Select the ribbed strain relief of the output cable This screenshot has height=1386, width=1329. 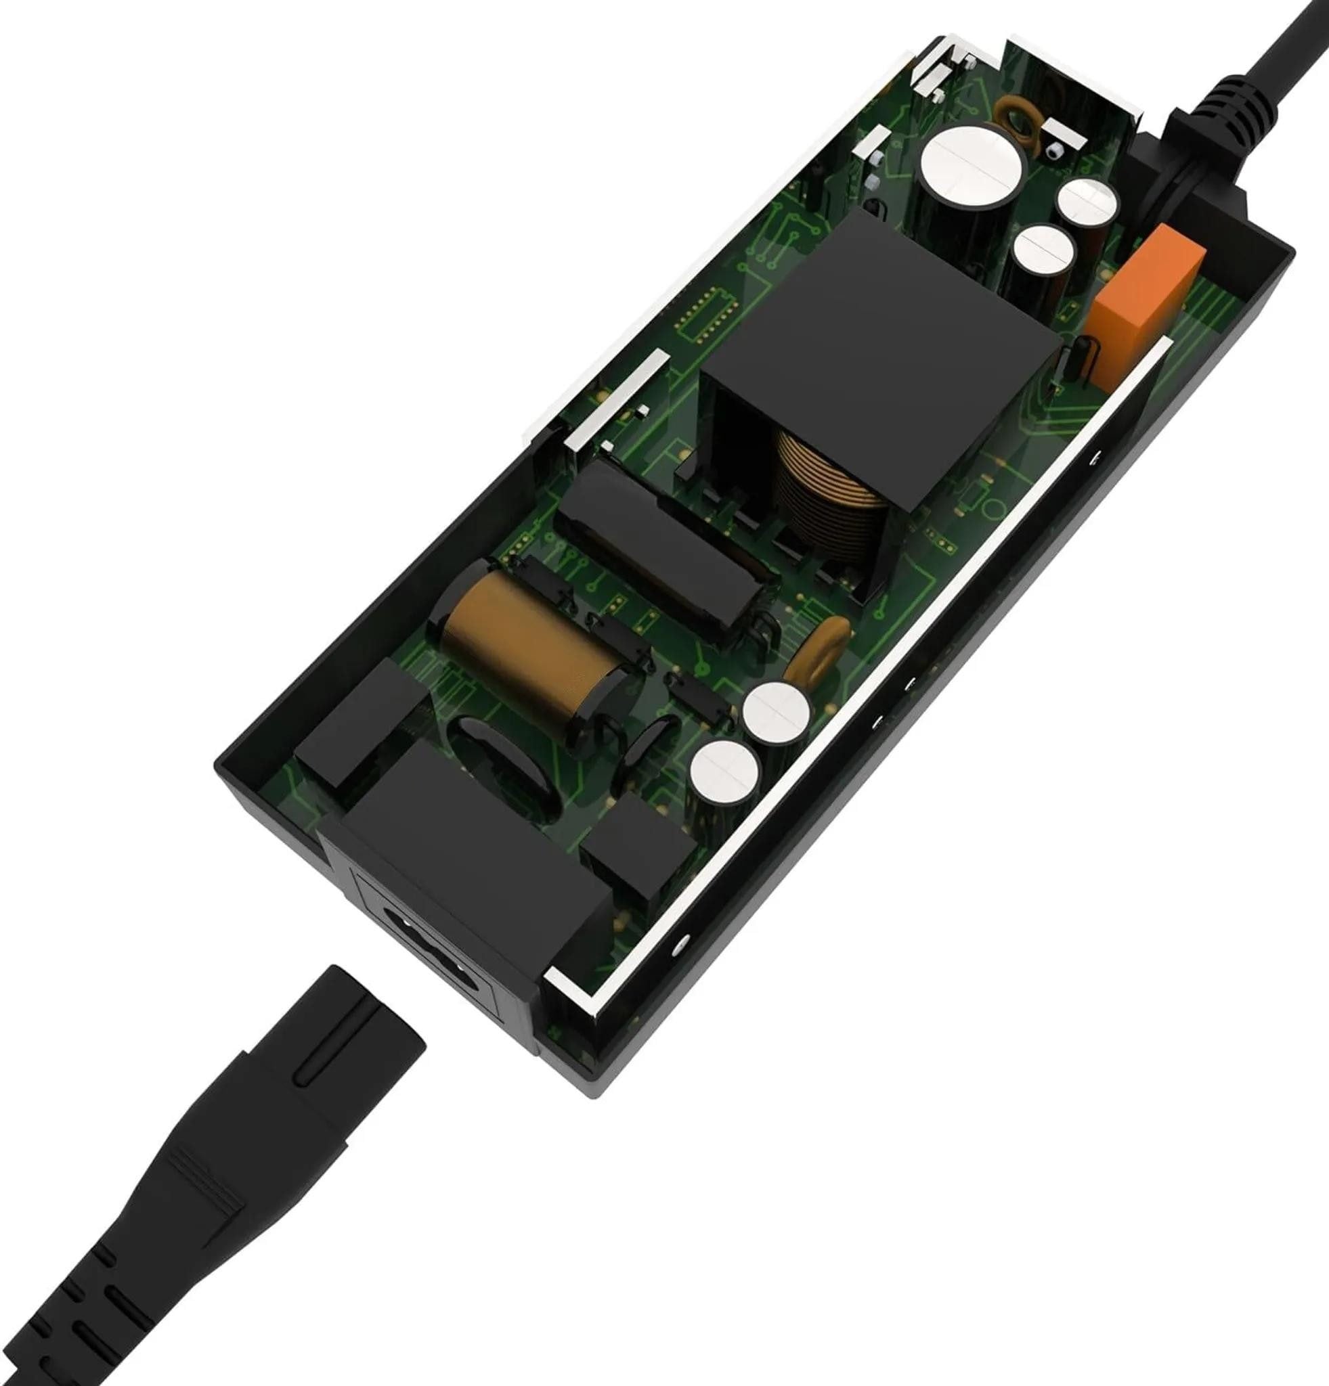(1243, 110)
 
